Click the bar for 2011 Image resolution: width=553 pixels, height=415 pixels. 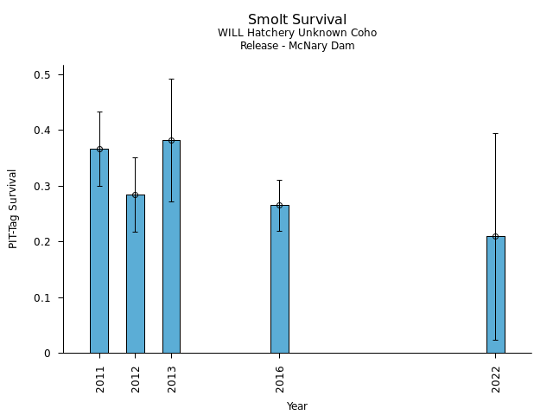click(x=99, y=251)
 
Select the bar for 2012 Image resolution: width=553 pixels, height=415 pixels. click(x=136, y=273)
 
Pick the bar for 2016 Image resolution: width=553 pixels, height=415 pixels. click(x=279, y=278)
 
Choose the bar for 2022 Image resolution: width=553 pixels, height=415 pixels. click(x=495, y=294)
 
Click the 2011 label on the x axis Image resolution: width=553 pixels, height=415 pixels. click(x=100, y=380)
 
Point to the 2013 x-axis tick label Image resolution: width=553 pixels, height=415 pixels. click(x=172, y=380)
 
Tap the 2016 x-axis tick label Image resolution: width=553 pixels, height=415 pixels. click(x=280, y=380)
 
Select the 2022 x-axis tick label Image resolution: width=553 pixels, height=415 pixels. click(x=496, y=380)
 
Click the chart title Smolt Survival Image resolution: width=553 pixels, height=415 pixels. click(x=297, y=20)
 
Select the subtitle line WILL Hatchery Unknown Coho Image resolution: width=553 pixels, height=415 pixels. click(x=297, y=34)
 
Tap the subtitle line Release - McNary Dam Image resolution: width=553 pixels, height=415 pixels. click(x=297, y=46)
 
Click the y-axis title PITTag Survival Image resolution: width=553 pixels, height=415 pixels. click(x=14, y=208)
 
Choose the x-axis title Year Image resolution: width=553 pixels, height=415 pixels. click(x=297, y=406)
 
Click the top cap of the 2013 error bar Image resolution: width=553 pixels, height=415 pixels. click(x=171, y=80)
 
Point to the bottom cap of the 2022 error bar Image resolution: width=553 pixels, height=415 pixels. click(x=495, y=340)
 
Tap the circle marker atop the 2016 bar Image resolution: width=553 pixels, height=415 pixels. click(x=279, y=205)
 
